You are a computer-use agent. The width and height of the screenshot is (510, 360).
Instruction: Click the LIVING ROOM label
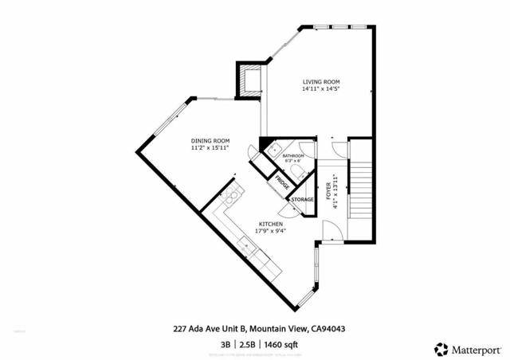click(320, 80)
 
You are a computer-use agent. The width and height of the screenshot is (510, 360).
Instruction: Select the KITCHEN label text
click(269, 224)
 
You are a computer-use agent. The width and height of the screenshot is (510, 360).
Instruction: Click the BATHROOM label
click(294, 156)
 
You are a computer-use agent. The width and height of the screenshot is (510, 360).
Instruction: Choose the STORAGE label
click(301, 199)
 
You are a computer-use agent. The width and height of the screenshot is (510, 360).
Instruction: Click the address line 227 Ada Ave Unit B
click(210, 327)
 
